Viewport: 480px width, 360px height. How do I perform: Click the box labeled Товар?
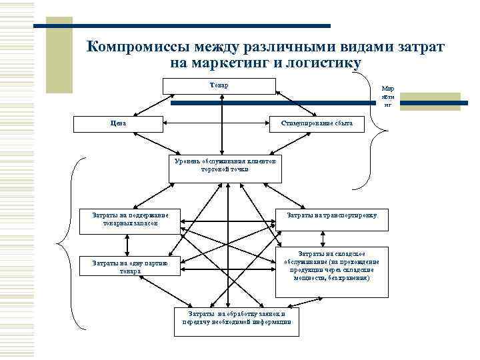click(x=219, y=86)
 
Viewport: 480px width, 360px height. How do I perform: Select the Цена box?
click(x=116, y=124)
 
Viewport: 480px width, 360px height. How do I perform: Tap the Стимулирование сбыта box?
click(x=317, y=124)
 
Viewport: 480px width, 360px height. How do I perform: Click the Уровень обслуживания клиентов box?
click(x=225, y=169)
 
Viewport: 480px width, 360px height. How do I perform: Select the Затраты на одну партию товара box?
click(x=129, y=267)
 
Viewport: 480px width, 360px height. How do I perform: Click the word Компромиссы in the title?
click(x=137, y=47)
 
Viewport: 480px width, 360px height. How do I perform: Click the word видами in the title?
click(x=333, y=47)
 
